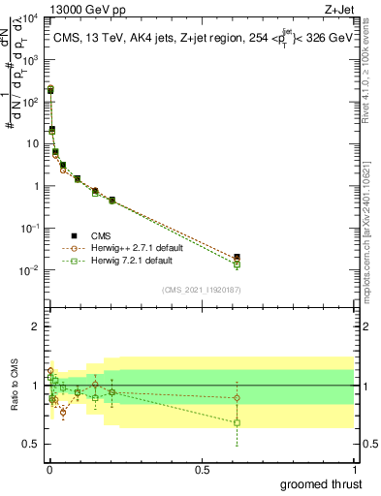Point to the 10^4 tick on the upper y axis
pos(33,17)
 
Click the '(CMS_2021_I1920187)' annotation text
pos(201,289)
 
